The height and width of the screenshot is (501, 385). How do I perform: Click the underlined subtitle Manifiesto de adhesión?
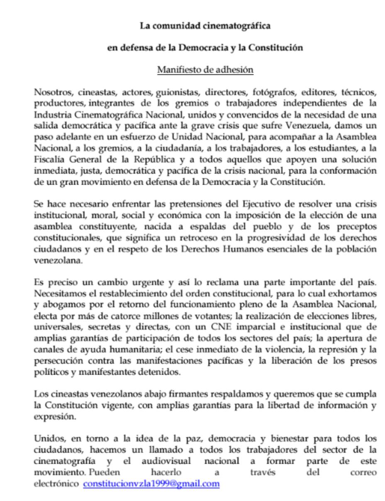point(205,69)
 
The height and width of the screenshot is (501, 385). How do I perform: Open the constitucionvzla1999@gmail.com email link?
point(151,484)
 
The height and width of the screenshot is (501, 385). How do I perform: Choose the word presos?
point(363,360)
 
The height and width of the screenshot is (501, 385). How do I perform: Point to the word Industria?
point(52,114)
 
